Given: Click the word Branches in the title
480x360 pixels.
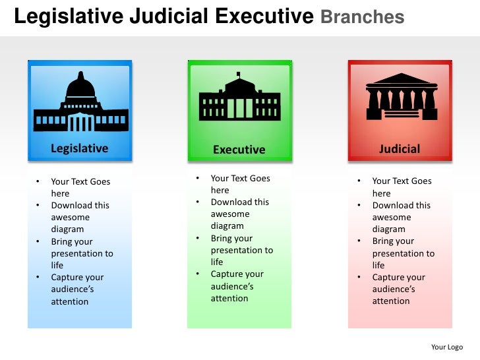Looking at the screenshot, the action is (363, 17).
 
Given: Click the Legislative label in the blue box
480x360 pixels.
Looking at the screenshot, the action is (79, 148).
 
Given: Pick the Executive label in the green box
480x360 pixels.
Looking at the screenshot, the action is (239, 150).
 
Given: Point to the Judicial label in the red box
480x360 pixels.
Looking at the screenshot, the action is (400, 149).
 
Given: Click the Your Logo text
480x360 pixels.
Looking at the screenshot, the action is (447, 347).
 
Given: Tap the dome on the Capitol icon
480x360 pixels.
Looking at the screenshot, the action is (81, 86).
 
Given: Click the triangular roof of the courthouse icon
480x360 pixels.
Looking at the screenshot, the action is (402, 79).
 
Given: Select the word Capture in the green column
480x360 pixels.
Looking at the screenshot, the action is (227, 274).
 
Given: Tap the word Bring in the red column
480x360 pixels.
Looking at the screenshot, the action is (384, 241).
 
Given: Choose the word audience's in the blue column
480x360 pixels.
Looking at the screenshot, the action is (73, 289).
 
